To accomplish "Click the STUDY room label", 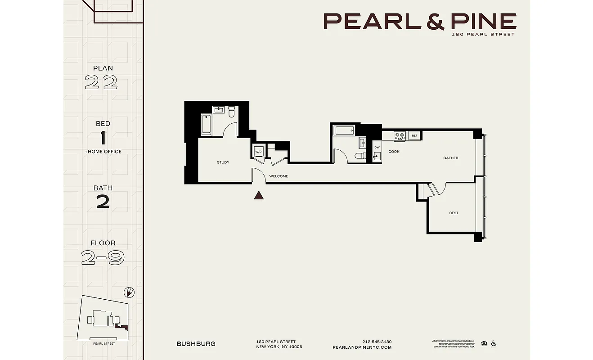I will point(223,162).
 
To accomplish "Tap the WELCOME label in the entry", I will point(279,176).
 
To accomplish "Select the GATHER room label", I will point(450,158).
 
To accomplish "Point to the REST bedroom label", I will point(454,213).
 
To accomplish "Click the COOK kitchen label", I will point(394,152).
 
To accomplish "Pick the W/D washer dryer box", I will point(258,152).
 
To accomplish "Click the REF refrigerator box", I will point(414,135).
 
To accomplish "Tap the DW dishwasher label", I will point(377,148).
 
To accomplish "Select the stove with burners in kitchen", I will point(400,135).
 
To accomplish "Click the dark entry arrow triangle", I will point(259,195).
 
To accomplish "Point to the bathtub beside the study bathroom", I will point(206,124).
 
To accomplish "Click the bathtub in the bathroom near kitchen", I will point(344,131).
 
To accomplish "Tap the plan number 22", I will point(101,82).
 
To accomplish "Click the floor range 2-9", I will point(103,257).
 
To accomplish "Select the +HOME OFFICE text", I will point(103,152).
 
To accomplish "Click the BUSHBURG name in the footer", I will point(196,344).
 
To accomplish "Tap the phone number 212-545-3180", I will point(377,342).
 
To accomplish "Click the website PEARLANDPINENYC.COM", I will point(362,347).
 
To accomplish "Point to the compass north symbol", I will point(129,292).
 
